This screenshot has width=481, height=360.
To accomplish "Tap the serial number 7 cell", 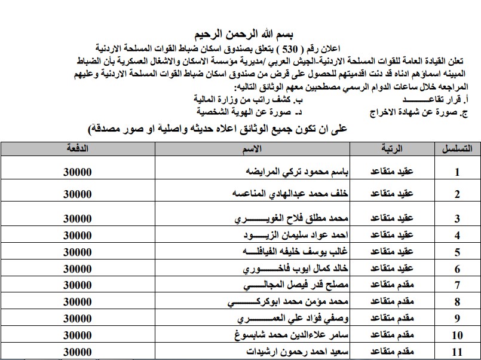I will [457, 285].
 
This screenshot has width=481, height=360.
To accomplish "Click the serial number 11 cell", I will [457, 351].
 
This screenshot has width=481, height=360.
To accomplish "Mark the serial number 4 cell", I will [457, 235].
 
